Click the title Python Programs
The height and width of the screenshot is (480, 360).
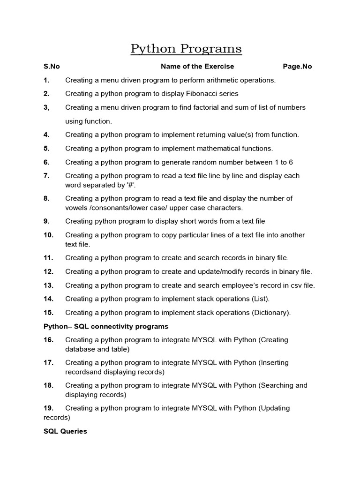pyautogui.click(x=186, y=49)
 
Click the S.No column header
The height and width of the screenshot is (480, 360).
pyautogui.click(x=52, y=67)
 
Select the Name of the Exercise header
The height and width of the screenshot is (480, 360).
pyautogui.click(x=197, y=67)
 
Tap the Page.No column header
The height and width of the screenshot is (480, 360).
pyautogui.click(x=297, y=67)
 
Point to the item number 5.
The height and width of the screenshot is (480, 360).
pyautogui.click(x=46, y=149)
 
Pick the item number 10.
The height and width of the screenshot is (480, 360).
pyautogui.click(x=49, y=235)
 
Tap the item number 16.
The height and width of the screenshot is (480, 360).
pyautogui.click(x=49, y=340)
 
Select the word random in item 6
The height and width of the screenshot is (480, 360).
pyautogui.click(x=205, y=162)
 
